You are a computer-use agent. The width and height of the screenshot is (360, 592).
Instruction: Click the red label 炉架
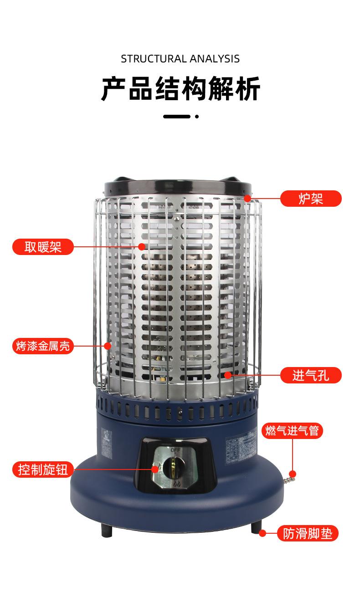click(x=310, y=199)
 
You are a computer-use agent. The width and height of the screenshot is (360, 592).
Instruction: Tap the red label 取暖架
click(x=43, y=246)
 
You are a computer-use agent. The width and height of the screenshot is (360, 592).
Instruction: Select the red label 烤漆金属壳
click(x=43, y=346)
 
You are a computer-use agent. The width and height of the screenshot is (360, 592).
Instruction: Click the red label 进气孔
click(x=310, y=375)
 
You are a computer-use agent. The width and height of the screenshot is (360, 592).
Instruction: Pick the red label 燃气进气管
click(x=292, y=430)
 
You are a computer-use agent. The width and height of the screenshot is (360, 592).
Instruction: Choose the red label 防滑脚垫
click(x=308, y=533)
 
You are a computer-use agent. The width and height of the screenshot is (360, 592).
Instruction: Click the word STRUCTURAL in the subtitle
click(x=154, y=59)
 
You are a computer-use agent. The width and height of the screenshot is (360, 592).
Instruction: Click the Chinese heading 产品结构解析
click(x=180, y=88)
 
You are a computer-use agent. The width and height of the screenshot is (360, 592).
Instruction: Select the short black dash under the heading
click(x=176, y=117)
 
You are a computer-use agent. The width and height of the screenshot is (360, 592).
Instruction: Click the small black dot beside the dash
click(x=197, y=117)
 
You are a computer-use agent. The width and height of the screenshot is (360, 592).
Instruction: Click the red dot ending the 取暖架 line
click(x=142, y=246)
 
